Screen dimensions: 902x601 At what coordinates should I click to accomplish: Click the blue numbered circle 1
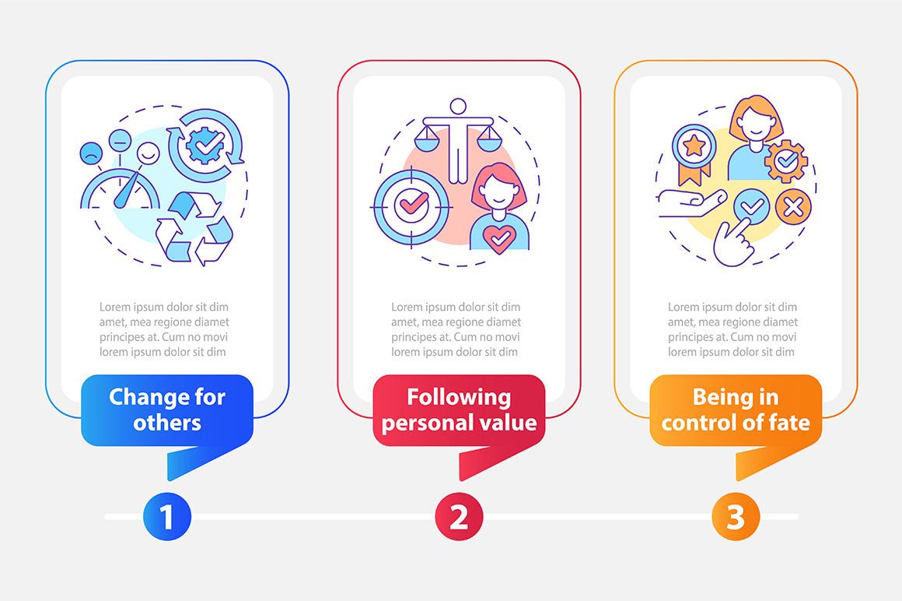pyautogui.click(x=167, y=516)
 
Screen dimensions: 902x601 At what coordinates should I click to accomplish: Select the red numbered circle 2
pyautogui.click(x=459, y=516)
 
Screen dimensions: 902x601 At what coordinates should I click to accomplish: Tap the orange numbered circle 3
pyautogui.click(x=736, y=516)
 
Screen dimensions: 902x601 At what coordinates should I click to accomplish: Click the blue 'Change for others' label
pyautogui.click(x=167, y=409)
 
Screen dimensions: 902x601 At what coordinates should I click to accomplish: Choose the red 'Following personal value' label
pyautogui.click(x=459, y=409)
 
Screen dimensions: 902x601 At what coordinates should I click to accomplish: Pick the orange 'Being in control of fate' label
pyautogui.click(x=736, y=409)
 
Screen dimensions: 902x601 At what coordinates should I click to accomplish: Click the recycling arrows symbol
pyautogui.click(x=194, y=229)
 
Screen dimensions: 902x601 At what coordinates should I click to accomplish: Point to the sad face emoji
pyautogui.click(x=91, y=153)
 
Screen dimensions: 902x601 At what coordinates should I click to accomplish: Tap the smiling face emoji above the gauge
pyautogui.click(x=148, y=154)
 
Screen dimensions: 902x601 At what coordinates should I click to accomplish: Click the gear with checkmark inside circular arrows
pyautogui.click(x=205, y=145)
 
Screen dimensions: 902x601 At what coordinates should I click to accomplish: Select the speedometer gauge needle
pyautogui.click(x=127, y=190)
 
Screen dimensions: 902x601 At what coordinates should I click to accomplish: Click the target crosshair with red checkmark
pyautogui.click(x=411, y=206)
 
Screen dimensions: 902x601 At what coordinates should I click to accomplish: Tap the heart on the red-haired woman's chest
pyautogui.click(x=499, y=238)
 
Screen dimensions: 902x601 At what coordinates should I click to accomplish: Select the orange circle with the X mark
pyautogui.click(x=793, y=206)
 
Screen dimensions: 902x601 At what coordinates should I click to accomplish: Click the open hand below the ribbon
pyautogui.click(x=691, y=203)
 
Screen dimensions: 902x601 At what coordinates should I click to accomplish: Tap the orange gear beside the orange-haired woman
pyautogui.click(x=786, y=161)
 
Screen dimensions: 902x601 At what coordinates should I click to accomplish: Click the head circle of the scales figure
pyautogui.click(x=458, y=107)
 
